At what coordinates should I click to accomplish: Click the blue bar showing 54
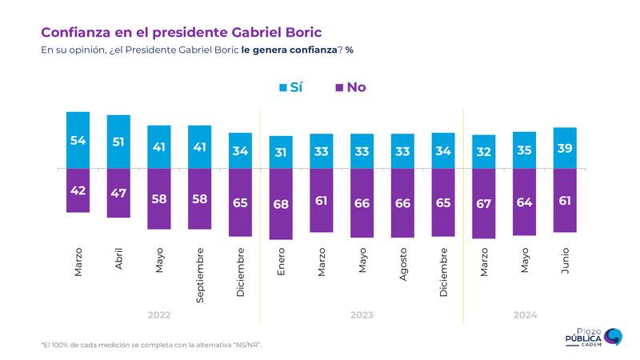click(x=78, y=141)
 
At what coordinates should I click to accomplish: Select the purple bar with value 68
click(x=281, y=204)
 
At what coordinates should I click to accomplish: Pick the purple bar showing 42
click(x=78, y=190)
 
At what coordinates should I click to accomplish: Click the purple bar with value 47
click(x=118, y=193)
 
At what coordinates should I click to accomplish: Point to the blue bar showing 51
click(x=118, y=142)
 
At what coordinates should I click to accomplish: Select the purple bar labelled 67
click(x=484, y=204)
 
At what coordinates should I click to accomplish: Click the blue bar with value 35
click(x=525, y=150)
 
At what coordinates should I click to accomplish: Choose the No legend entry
click(x=350, y=87)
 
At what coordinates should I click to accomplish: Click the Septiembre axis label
click(x=200, y=274)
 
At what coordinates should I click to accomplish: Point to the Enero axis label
click(x=281, y=261)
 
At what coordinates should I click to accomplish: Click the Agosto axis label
click(x=403, y=263)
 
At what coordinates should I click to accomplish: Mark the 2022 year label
click(x=159, y=315)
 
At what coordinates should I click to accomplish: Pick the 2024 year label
click(x=525, y=315)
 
